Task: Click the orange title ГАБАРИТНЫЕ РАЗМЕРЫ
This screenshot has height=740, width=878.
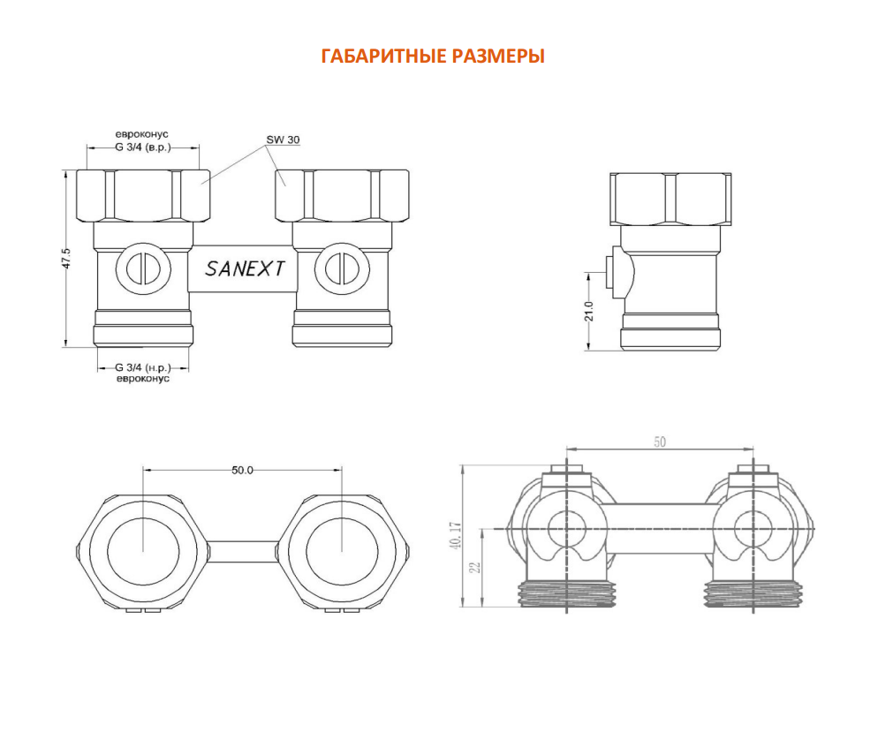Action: click(x=433, y=56)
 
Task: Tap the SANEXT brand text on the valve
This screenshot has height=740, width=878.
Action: click(x=245, y=269)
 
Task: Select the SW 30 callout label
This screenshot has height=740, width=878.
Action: click(x=283, y=140)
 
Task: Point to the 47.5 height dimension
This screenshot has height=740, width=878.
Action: click(x=66, y=259)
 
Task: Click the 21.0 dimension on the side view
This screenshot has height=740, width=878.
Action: click(x=588, y=312)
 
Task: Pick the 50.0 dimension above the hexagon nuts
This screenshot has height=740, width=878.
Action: click(x=242, y=470)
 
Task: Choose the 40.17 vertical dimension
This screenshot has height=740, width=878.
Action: click(x=455, y=536)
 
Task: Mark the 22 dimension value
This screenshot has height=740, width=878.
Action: click(x=476, y=567)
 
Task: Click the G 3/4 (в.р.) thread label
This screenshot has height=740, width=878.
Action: click(x=143, y=147)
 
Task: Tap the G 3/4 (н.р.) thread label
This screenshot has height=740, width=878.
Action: click(x=143, y=367)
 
